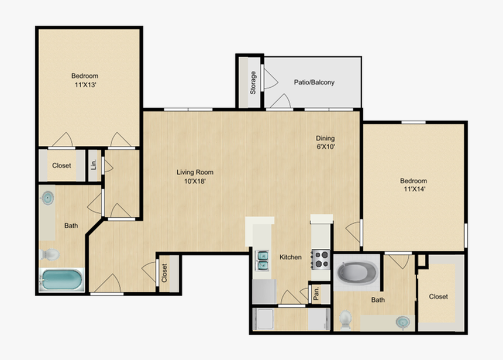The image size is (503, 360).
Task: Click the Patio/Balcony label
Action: click(314, 83)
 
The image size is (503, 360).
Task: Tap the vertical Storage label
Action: click(253, 83)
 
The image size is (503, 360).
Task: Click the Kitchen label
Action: click(290, 257)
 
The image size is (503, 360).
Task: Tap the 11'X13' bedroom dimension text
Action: click(85, 85)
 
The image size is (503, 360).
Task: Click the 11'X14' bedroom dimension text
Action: click(414, 190)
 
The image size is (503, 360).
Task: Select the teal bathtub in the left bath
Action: click(61, 279)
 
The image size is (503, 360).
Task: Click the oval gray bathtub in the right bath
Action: click(356, 272)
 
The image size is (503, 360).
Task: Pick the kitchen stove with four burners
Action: click(321, 259)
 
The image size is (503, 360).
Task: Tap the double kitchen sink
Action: click(263, 260)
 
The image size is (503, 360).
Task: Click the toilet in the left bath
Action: click(50, 255)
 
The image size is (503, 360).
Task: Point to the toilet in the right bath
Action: click(346, 319)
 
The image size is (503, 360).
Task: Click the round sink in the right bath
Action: click(401, 321)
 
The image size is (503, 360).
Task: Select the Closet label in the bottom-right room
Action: click(438, 297)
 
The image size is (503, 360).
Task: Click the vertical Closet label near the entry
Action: click(164, 273)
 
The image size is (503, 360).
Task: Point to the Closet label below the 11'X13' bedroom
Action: click(61, 166)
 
